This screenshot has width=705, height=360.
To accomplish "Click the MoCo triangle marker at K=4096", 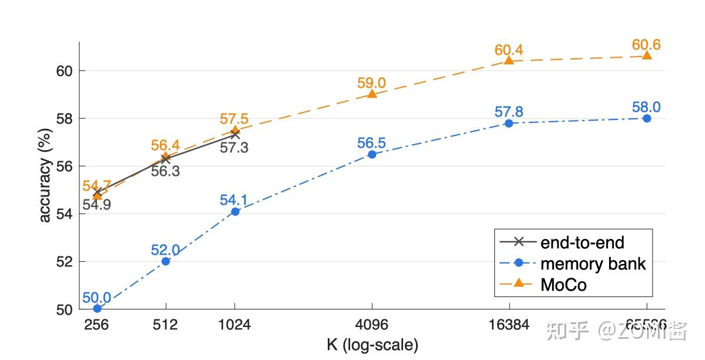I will tap(372, 94).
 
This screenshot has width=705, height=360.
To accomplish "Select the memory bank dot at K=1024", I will tap(235, 211).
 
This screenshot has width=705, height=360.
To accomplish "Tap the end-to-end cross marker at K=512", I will tap(166, 158).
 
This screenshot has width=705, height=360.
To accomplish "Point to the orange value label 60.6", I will tap(646, 45).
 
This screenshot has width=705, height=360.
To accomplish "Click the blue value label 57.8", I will tap(508, 112).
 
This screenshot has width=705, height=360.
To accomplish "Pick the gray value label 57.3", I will tap(234, 148).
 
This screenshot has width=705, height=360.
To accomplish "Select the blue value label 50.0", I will tap(97, 296).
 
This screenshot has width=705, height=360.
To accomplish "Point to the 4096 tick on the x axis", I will tap(371, 324).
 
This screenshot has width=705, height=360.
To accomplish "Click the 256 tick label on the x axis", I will tap(97, 324).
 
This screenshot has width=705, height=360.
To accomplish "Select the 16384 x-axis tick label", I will tap(508, 324).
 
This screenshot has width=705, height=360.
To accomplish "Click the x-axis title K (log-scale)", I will tap(372, 345).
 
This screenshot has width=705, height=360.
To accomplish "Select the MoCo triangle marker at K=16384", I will tap(509, 60).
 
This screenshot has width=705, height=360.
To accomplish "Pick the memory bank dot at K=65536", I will tap(647, 118).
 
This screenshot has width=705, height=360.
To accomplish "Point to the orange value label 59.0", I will tap(371, 83).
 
